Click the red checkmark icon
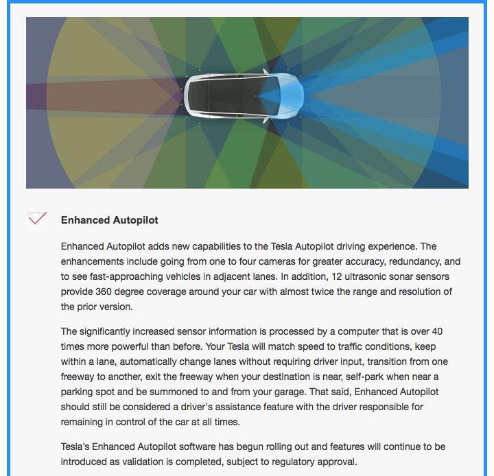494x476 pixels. coord(37,219)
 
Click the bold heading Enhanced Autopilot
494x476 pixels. coord(110,220)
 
